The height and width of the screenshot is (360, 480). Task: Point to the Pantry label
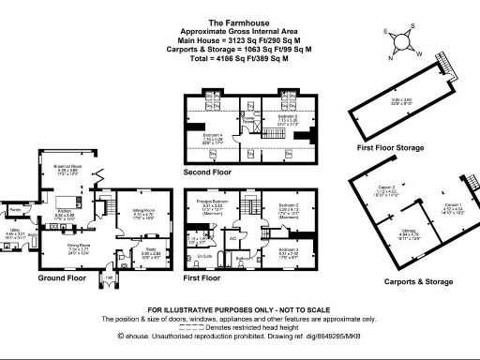14,209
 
